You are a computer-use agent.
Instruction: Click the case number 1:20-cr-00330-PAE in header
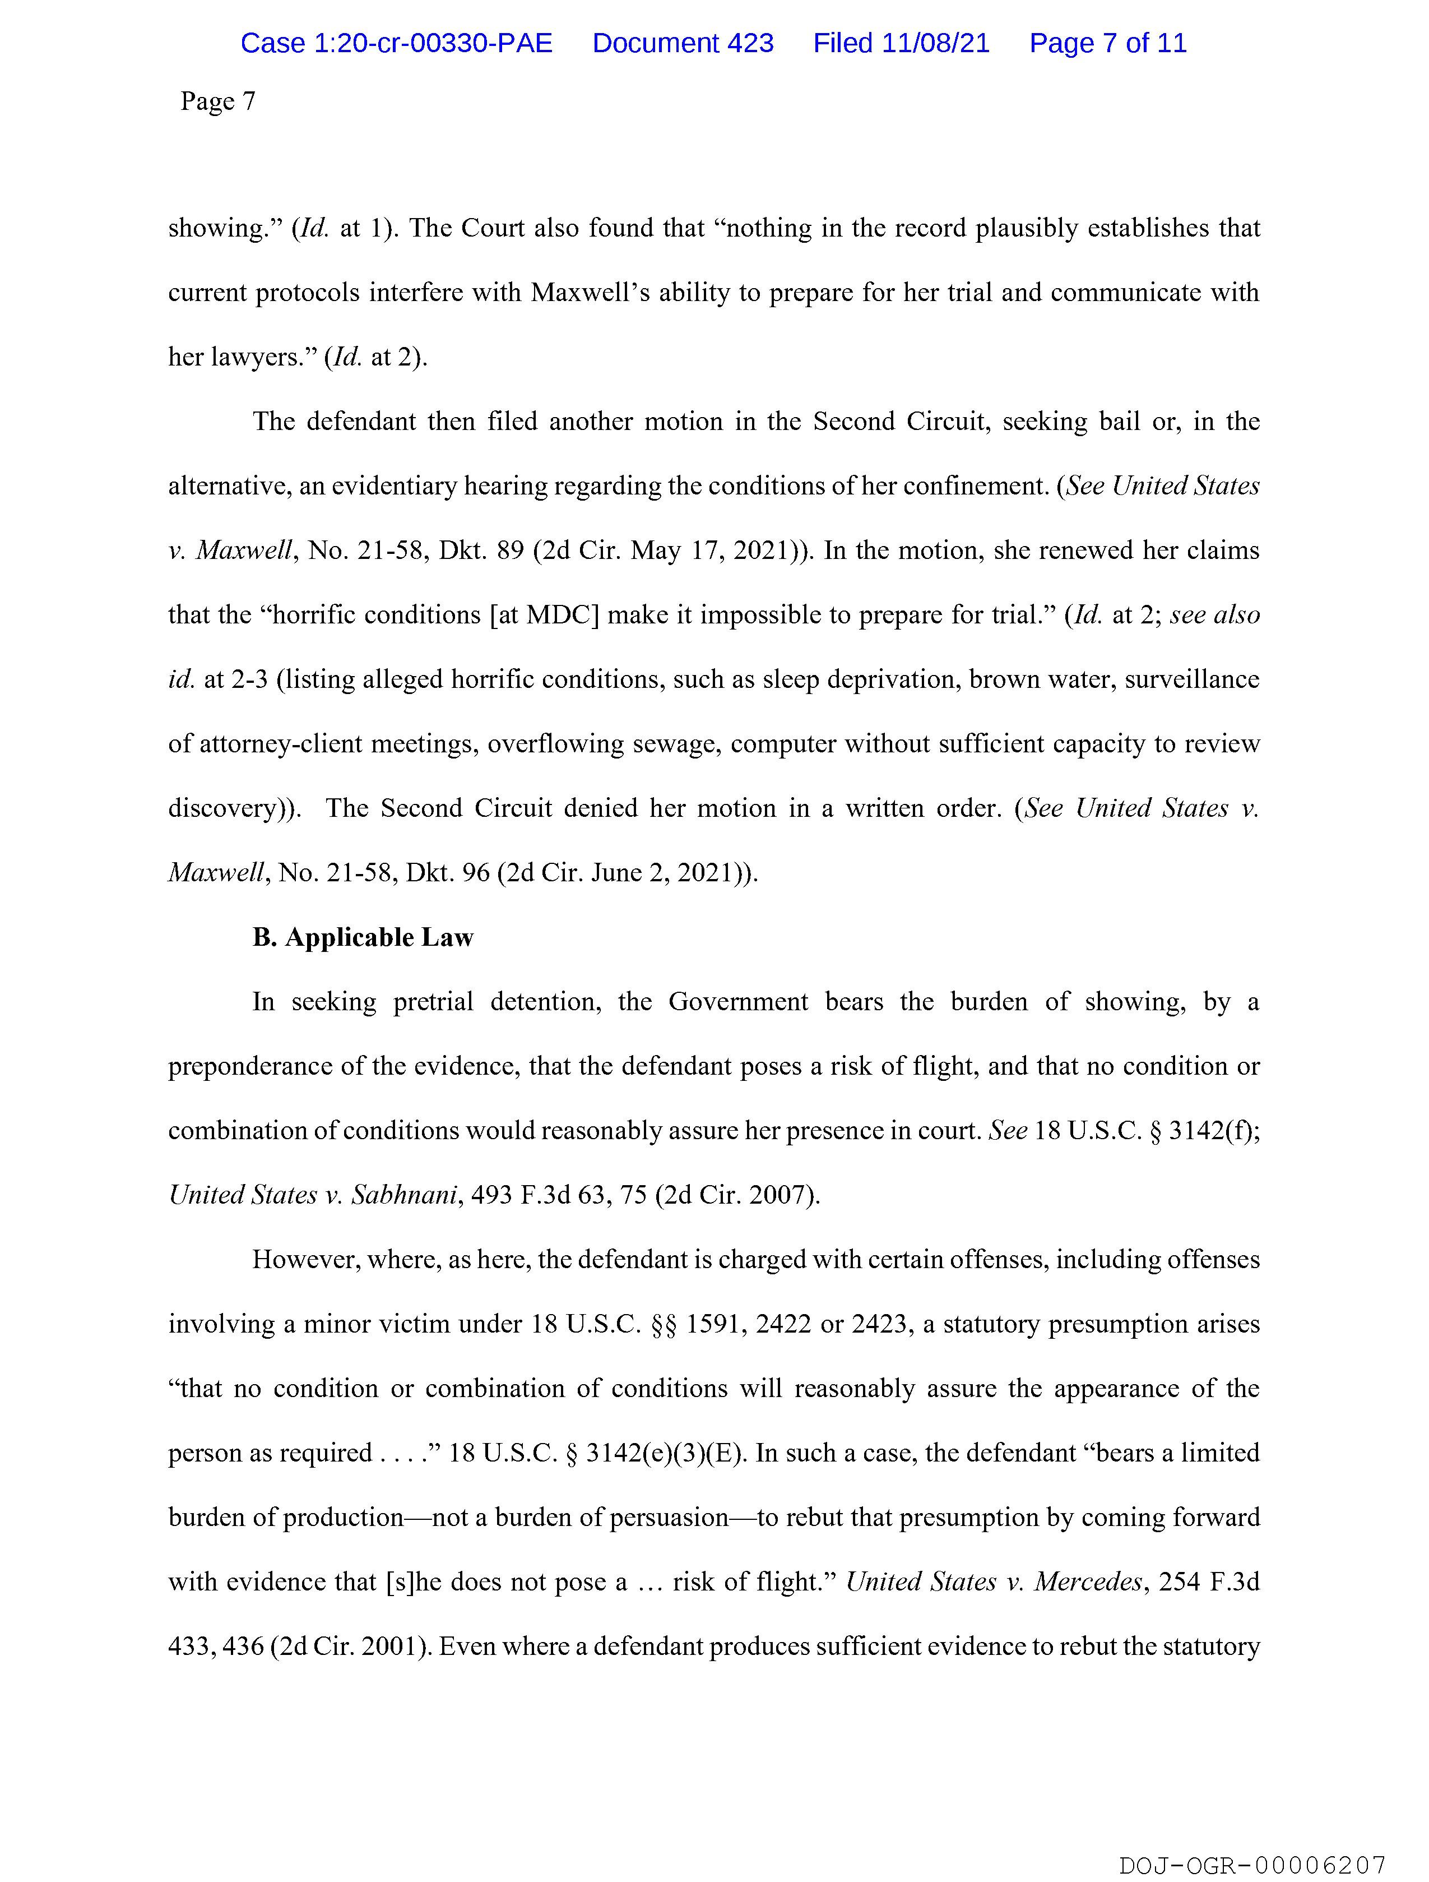396,43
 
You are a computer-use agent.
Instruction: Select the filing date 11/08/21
936,43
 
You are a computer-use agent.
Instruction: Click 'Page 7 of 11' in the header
1107,43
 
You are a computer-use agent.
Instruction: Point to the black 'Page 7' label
218,101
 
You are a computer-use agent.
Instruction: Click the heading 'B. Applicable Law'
363,937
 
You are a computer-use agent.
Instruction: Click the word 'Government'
737,1002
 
